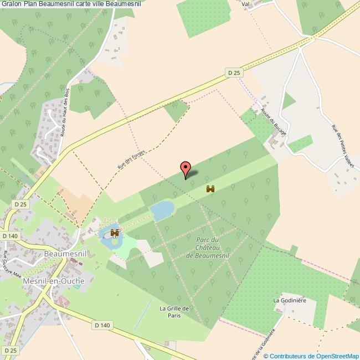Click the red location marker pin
coord(185,169)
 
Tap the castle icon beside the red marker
coord(210,189)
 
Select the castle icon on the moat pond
coord(115,233)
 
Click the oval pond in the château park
coord(162,210)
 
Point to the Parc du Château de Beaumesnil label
coord(209,248)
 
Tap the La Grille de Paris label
coord(174,312)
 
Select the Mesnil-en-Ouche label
coord(54,281)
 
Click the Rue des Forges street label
coord(127,161)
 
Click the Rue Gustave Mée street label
coord(12,265)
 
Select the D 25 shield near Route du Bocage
coord(234,73)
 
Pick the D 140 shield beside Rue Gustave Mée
coord(11,236)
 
